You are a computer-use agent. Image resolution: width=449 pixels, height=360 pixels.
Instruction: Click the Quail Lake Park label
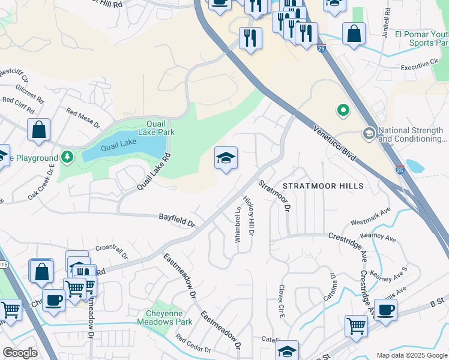point(156,127)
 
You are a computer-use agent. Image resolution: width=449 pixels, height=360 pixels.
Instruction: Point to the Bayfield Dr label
point(177,220)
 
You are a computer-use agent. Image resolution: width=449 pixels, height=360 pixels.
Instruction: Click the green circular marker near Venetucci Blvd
point(343,110)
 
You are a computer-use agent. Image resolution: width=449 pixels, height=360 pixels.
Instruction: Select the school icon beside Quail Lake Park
point(226,158)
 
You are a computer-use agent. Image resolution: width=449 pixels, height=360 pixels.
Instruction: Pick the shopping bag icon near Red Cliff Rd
point(38,130)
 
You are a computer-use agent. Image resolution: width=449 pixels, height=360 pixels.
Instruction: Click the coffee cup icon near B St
point(385,310)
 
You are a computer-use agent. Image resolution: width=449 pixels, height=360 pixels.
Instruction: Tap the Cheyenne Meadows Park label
point(169,317)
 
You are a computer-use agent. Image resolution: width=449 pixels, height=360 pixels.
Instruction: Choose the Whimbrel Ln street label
point(238,225)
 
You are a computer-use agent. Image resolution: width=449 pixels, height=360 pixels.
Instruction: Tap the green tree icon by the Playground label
point(68,158)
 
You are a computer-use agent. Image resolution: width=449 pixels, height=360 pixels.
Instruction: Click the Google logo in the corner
point(20,353)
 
